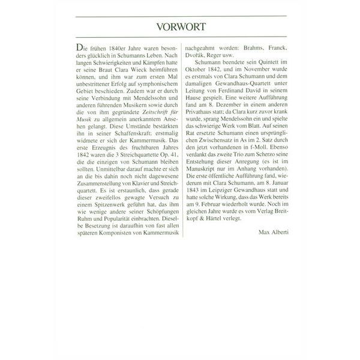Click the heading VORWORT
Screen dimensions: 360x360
coord(180,27)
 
